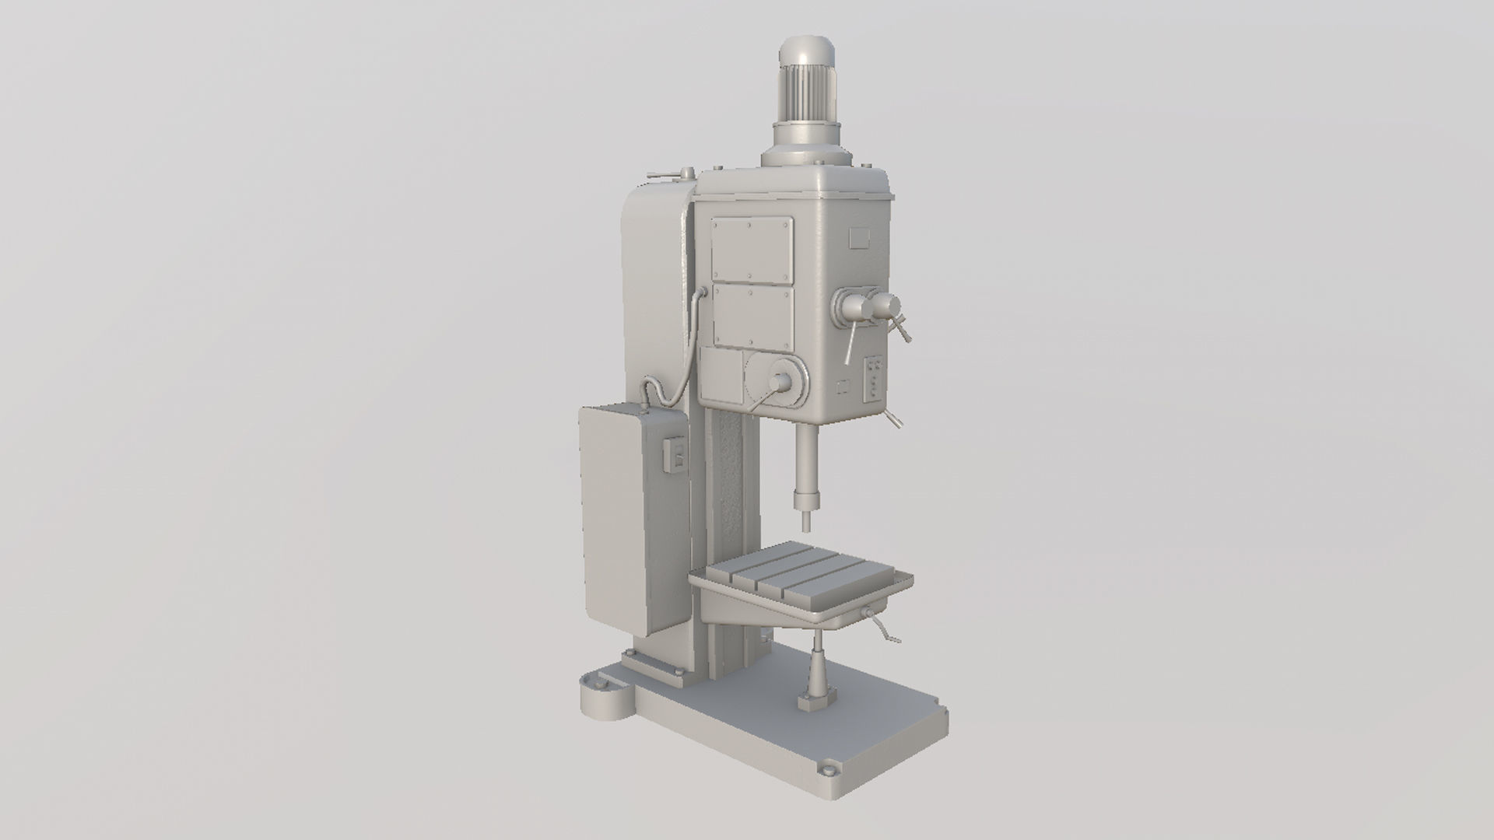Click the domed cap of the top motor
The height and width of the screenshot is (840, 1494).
tap(809, 56)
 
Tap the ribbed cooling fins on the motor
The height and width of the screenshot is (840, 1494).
tap(809, 97)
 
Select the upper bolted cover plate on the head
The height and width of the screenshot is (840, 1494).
tap(752, 249)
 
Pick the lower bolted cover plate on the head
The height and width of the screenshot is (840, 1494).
tap(752, 317)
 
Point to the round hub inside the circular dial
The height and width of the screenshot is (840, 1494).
tap(780, 381)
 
